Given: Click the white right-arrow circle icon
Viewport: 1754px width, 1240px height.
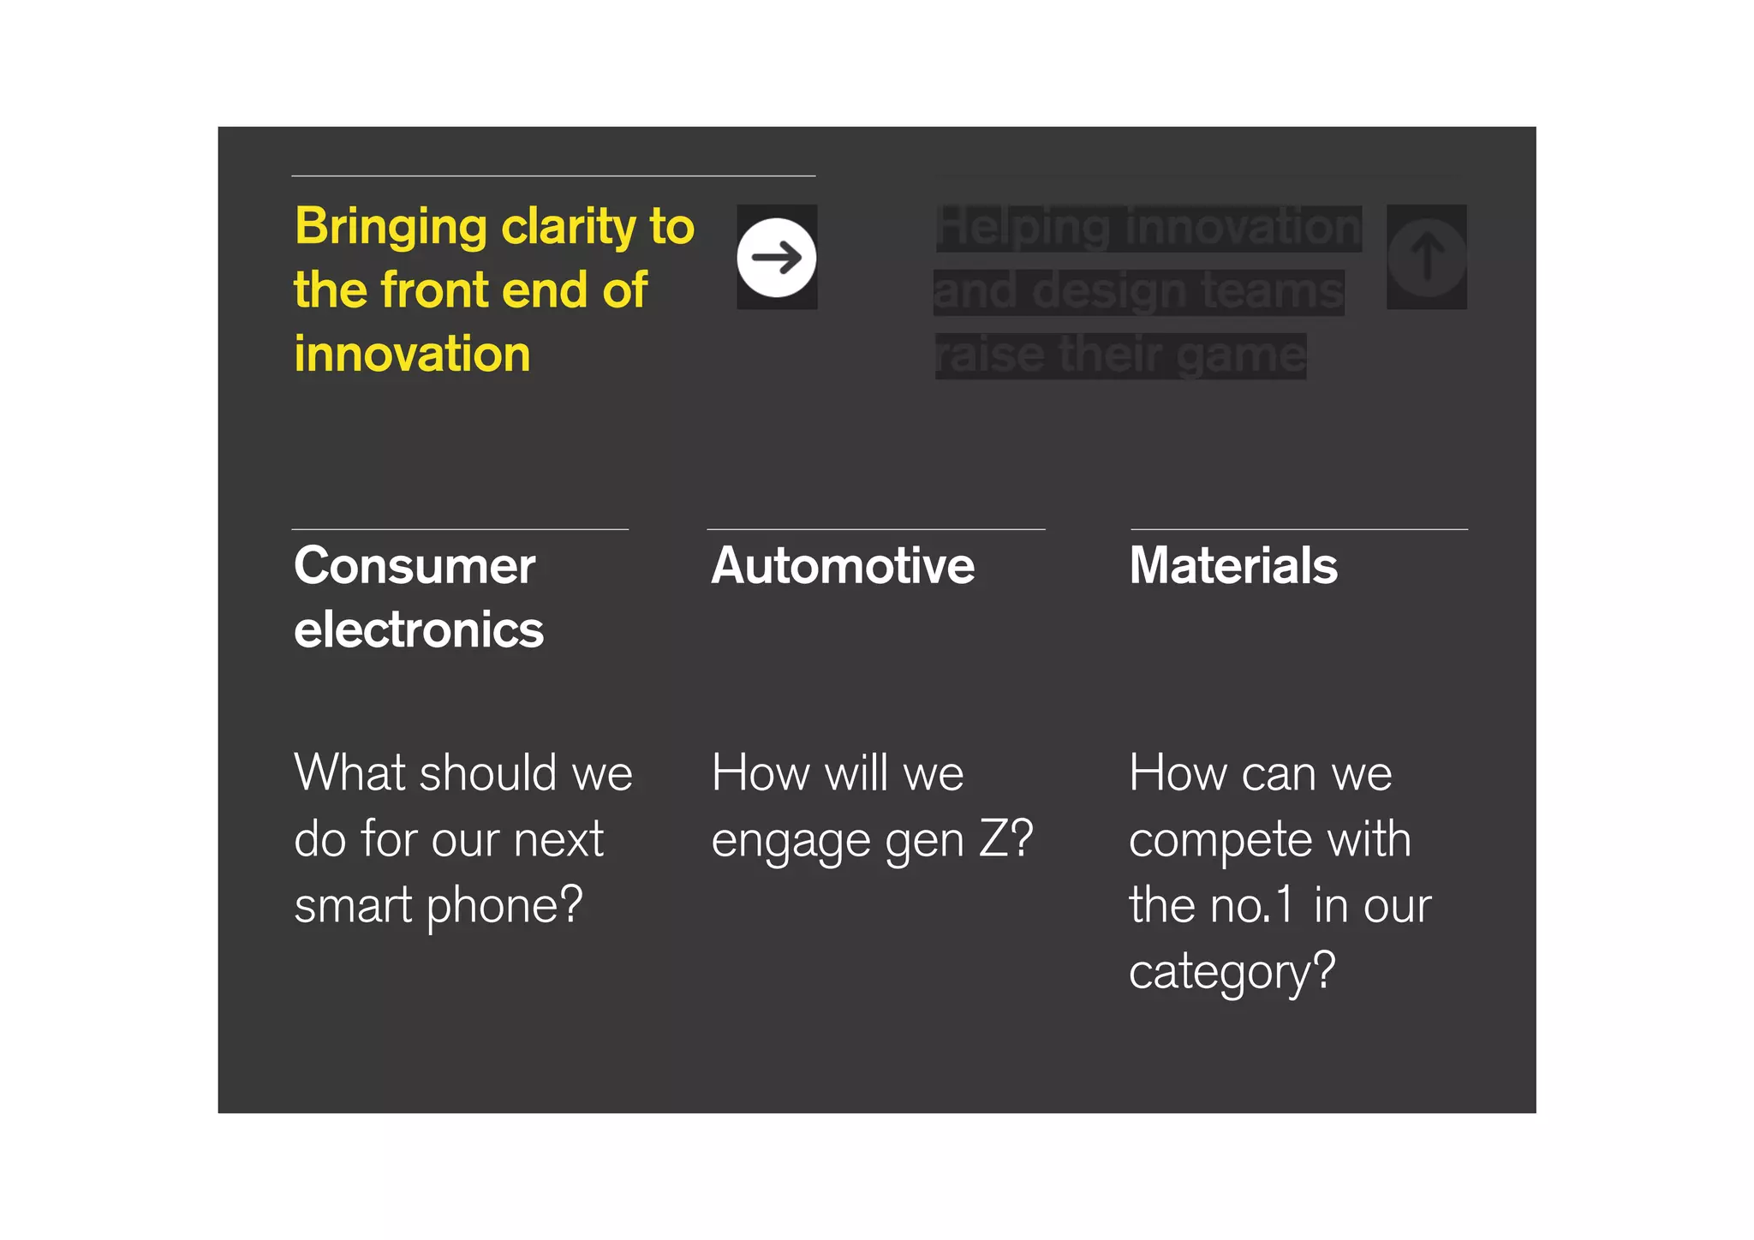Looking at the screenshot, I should tap(776, 257).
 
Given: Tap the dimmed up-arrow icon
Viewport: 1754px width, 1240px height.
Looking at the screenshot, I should tap(1426, 257).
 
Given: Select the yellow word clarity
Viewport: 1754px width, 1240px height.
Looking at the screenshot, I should tap(569, 227).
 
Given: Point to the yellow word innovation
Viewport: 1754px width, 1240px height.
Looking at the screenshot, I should tap(412, 354).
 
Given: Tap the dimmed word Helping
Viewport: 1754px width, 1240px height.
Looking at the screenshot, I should tap(1023, 229).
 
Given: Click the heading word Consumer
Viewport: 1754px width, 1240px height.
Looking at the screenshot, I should tap(415, 566).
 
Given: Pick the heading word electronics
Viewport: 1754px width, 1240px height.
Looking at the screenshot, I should tap(419, 630).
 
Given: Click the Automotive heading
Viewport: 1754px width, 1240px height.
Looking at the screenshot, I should tap(843, 566).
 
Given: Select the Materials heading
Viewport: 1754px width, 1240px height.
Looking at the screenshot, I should tap(1233, 566).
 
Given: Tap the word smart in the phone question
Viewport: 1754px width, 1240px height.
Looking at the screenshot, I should tap(353, 906).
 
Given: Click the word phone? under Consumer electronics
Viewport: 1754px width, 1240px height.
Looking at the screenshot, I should tap(504, 906).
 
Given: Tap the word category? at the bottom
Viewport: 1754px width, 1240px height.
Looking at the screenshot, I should tap(1232, 972).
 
